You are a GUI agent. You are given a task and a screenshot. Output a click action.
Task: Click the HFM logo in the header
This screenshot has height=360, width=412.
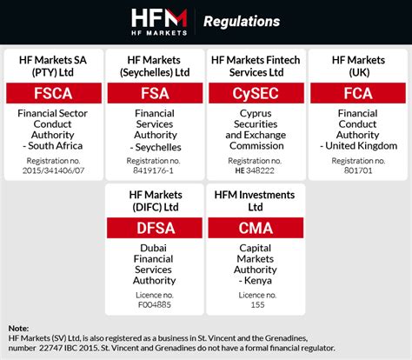(158, 21)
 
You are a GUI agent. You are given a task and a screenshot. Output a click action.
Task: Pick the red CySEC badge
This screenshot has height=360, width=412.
(256, 94)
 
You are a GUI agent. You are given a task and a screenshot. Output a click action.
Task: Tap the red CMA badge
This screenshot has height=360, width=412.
(256, 230)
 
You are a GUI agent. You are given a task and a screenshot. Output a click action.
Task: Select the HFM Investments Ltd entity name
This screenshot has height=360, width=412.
(256, 201)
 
